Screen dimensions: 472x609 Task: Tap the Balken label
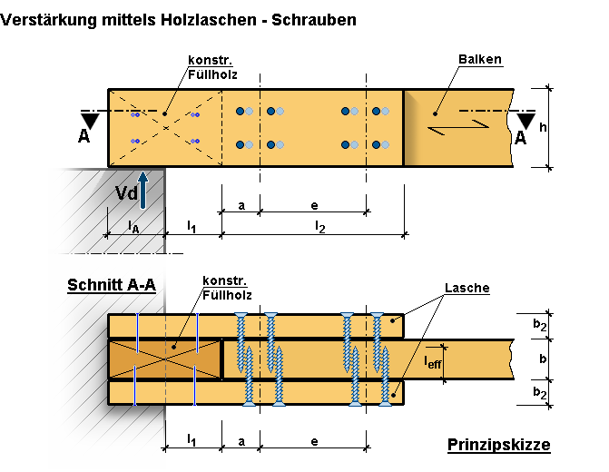(480, 60)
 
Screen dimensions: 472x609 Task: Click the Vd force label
(126, 193)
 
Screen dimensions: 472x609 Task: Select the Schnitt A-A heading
(111, 285)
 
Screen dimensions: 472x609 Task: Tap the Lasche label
(467, 288)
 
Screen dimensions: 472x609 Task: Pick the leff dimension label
(435, 360)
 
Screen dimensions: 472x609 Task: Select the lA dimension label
(133, 226)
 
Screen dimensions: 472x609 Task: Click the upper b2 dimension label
(540, 324)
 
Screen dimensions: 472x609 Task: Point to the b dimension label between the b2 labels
(542, 359)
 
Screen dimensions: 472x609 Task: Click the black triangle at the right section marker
(525, 120)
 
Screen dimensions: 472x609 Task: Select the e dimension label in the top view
(313, 205)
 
